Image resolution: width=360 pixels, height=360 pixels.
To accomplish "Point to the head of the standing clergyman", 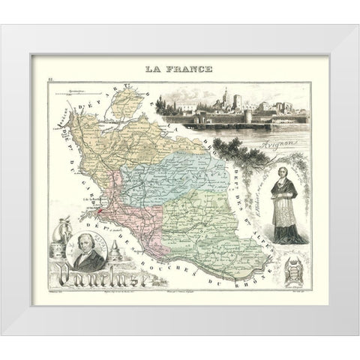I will (287, 165).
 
